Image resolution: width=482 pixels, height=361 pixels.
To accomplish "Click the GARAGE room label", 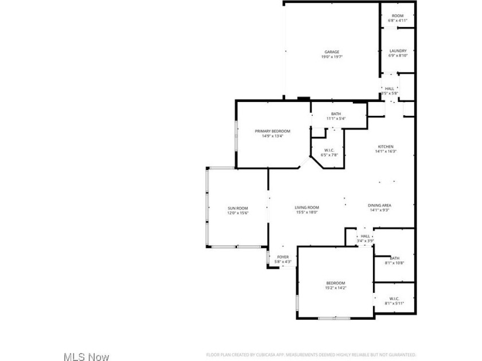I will point(332,51).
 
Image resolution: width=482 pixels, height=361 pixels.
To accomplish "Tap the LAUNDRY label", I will point(398,51).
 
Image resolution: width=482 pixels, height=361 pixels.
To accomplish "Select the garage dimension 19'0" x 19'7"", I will point(332,57).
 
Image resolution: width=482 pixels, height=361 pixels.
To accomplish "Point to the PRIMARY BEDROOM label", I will point(273,131).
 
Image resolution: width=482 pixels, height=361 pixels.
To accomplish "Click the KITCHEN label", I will point(386,146).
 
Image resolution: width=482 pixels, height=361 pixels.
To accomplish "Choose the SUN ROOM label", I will point(238,208).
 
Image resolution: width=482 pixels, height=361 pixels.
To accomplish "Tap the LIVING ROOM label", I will point(307,207).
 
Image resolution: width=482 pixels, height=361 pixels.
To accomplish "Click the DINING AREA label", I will point(380,205).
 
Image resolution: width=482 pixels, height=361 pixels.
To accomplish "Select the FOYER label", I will point(283,257).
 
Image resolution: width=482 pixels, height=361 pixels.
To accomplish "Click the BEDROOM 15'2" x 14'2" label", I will point(336,283).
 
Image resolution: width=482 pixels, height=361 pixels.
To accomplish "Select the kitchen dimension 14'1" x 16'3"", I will point(386,151).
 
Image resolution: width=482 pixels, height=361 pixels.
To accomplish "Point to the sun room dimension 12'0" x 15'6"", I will point(238,213).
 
